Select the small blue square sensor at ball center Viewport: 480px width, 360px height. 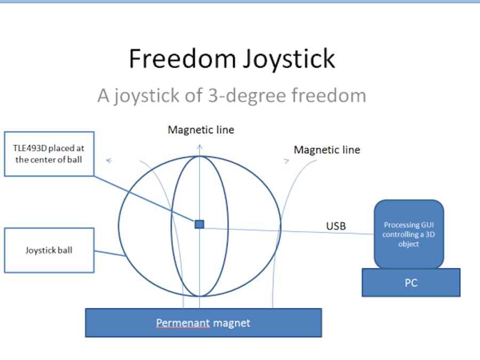(x=199, y=224)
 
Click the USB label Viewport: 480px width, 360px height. (x=335, y=226)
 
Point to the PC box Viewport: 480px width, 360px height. (x=411, y=283)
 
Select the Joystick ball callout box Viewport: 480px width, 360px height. (x=49, y=250)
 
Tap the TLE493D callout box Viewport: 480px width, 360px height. (x=49, y=154)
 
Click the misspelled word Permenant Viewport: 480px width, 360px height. (x=182, y=323)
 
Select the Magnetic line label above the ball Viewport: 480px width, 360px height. (x=201, y=130)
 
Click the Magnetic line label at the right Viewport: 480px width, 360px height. (x=326, y=150)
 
